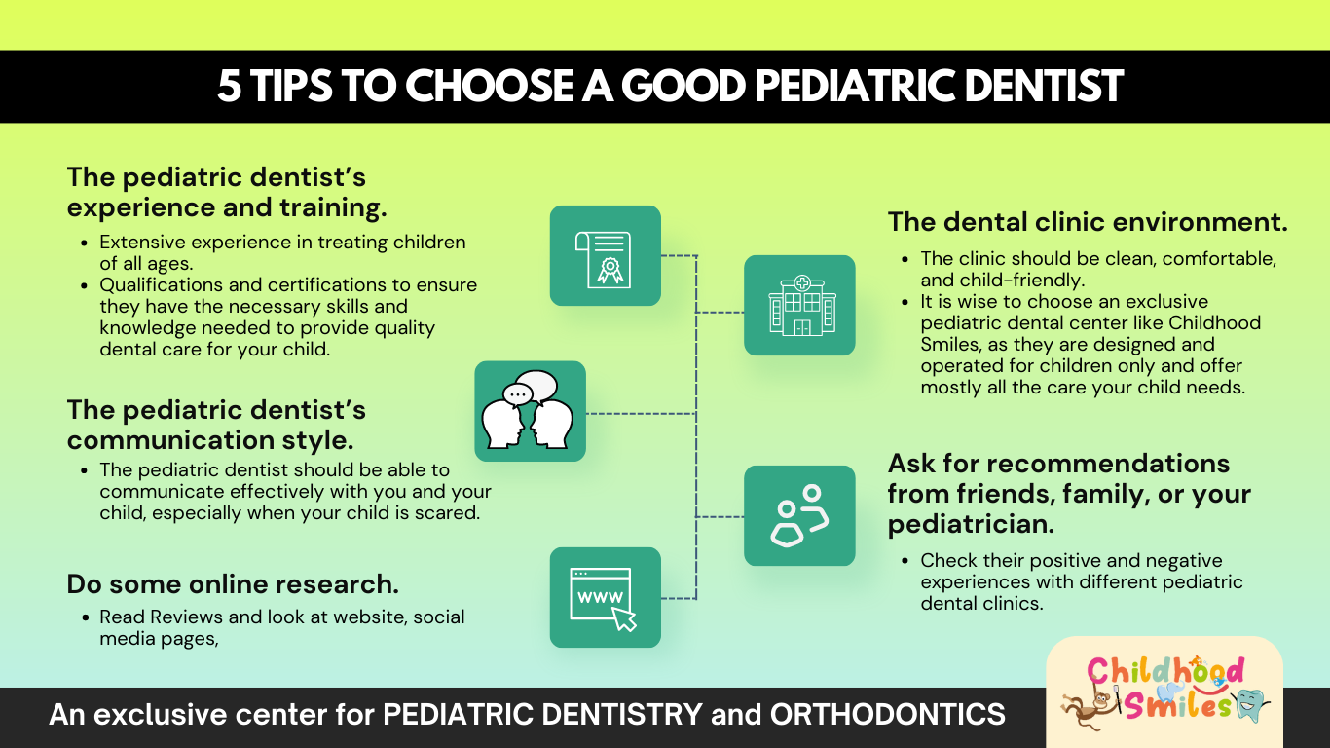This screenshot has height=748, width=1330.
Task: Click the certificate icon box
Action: point(605,255)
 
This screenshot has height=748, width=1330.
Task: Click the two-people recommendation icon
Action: point(799,515)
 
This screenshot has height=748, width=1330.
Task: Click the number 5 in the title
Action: point(229,86)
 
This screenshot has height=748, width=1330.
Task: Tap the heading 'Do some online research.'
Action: point(233,584)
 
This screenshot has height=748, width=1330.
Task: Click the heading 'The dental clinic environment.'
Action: point(1088,222)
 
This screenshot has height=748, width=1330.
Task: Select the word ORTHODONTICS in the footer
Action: point(888,714)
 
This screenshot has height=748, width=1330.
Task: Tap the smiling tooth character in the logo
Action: point(1250,704)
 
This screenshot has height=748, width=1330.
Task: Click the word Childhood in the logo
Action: point(1164,671)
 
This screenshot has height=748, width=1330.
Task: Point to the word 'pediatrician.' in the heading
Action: point(971,524)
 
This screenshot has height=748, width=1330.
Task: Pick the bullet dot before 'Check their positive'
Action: point(905,561)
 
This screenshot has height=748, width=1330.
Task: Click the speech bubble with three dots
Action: point(518,393)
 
